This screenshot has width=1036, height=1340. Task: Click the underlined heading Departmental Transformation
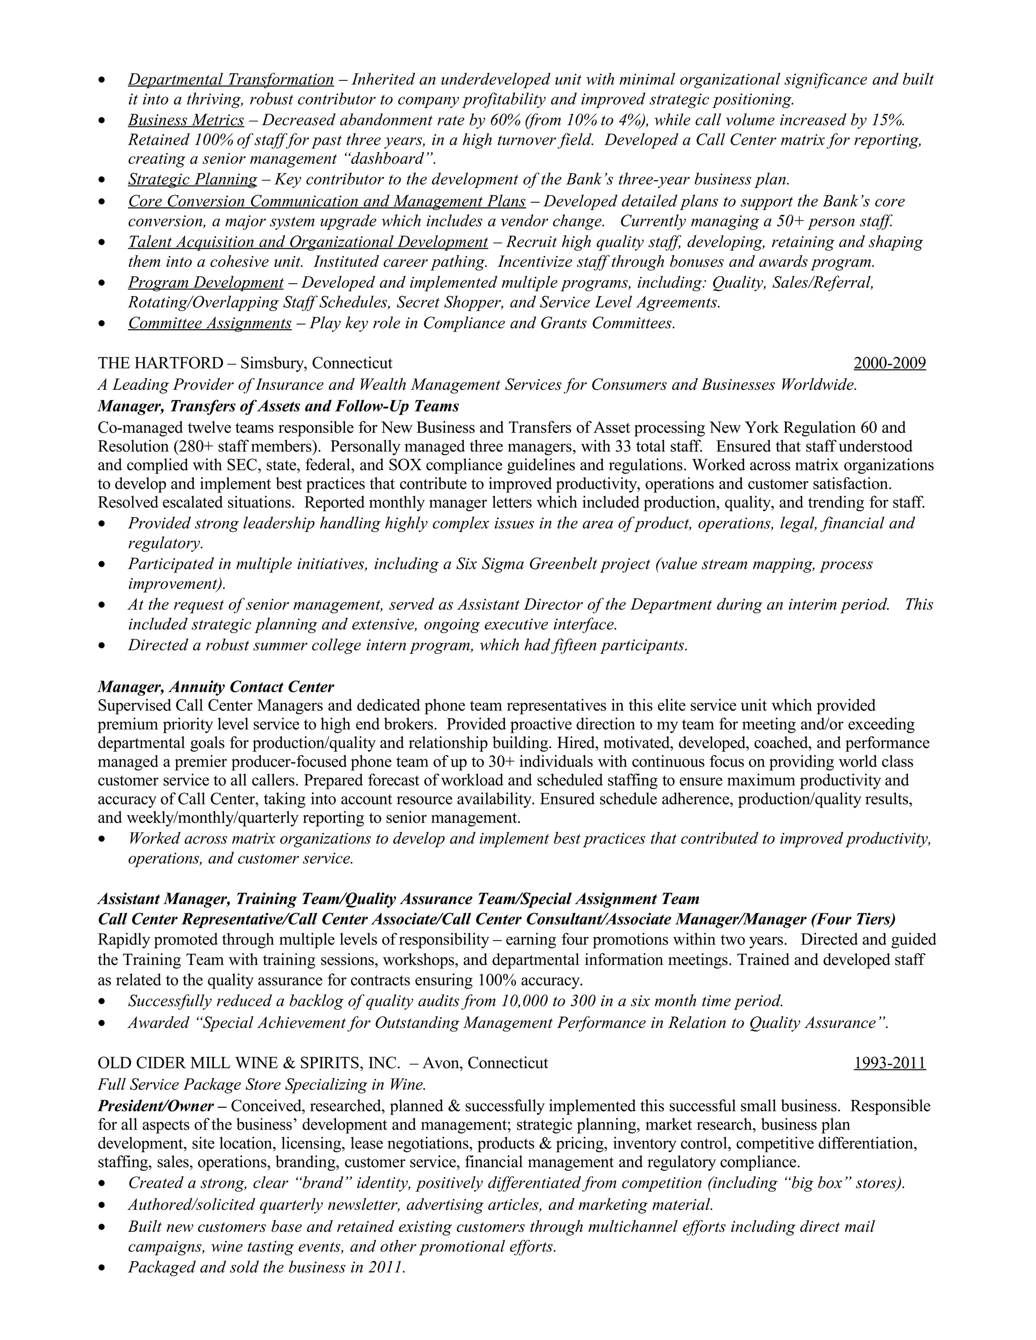click(231, 80)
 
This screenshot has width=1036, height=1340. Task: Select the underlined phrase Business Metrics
click(186, 120)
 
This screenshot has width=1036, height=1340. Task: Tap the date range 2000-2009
click(889, 364)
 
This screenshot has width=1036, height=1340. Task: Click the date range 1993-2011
click(889, 1063)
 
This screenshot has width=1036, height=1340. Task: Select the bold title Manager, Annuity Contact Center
click(216, 687)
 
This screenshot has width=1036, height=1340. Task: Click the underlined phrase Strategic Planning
click(193, 180)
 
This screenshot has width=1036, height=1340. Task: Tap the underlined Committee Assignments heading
click(210, 323)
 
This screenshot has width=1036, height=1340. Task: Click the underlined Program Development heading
click(205, 283)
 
